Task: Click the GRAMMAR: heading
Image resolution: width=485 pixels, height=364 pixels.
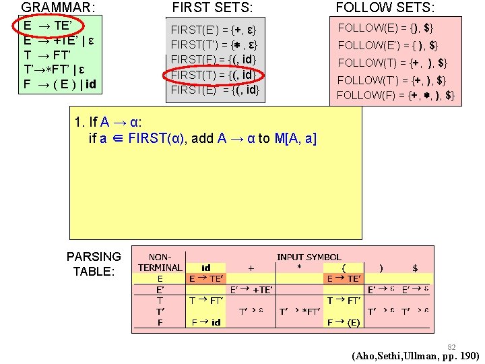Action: pyautogui.click(x=58, y=7)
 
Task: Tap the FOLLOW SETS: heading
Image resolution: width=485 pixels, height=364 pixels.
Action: pyautogui.click(x=385, y=7)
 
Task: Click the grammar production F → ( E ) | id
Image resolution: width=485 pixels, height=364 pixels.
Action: pyautogui.click(x=59, y=84)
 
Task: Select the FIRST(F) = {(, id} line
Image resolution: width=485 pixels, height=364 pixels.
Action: pyautogui.click(x=214, y=59)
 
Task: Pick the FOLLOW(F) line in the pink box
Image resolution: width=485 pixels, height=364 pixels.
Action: pyautogui.click(x=395, y=95)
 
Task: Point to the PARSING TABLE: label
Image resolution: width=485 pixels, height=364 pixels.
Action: pyautogui.click(x=94, y=264)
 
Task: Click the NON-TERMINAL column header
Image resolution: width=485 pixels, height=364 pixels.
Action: pyautogui.click(x=160, y=262)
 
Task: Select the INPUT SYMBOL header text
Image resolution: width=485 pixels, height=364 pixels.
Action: pyautogui.click(x=309, y=257)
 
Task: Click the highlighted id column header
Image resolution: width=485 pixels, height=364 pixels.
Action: pyautogui.click(x=205, y=268)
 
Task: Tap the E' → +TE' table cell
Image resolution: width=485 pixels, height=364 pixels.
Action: pyautogui.click(x=251, y=289)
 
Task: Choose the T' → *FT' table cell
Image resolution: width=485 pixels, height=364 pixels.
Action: pyautogui.click(x=300, y=311)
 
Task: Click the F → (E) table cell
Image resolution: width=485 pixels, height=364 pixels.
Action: pyautogui.click(x=344, y=322)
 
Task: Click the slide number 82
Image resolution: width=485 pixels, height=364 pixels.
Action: pyautogui.click(x=452, y=346)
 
